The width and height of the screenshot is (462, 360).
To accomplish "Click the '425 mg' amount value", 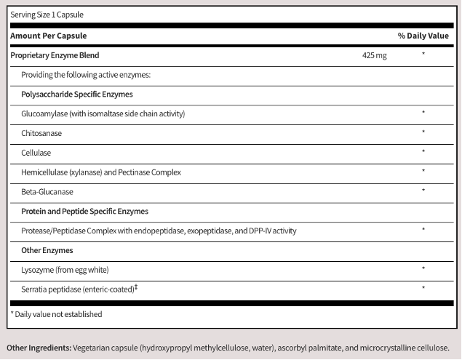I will tap(374, 55).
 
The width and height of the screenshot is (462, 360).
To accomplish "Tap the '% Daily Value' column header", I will tap(423, 35).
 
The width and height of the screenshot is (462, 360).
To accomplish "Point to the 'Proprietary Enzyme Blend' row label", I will tap(55, 55).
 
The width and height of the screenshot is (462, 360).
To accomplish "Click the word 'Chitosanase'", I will tap(41, 133).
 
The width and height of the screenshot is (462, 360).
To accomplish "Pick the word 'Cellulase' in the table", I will tap(36, 153).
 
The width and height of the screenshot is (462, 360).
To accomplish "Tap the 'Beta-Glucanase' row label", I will tap(47, 192).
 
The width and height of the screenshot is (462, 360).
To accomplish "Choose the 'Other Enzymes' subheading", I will tap(47, 250).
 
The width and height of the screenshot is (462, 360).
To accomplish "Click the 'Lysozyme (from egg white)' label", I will tap(65, 270).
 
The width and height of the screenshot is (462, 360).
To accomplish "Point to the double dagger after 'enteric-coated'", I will tap(137, 287).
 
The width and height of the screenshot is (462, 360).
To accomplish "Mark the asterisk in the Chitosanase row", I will tap(423, 133).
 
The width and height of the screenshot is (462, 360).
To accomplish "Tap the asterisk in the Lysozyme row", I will tap(423, 269).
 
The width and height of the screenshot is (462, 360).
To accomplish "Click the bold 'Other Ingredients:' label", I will tap(37, 348).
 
